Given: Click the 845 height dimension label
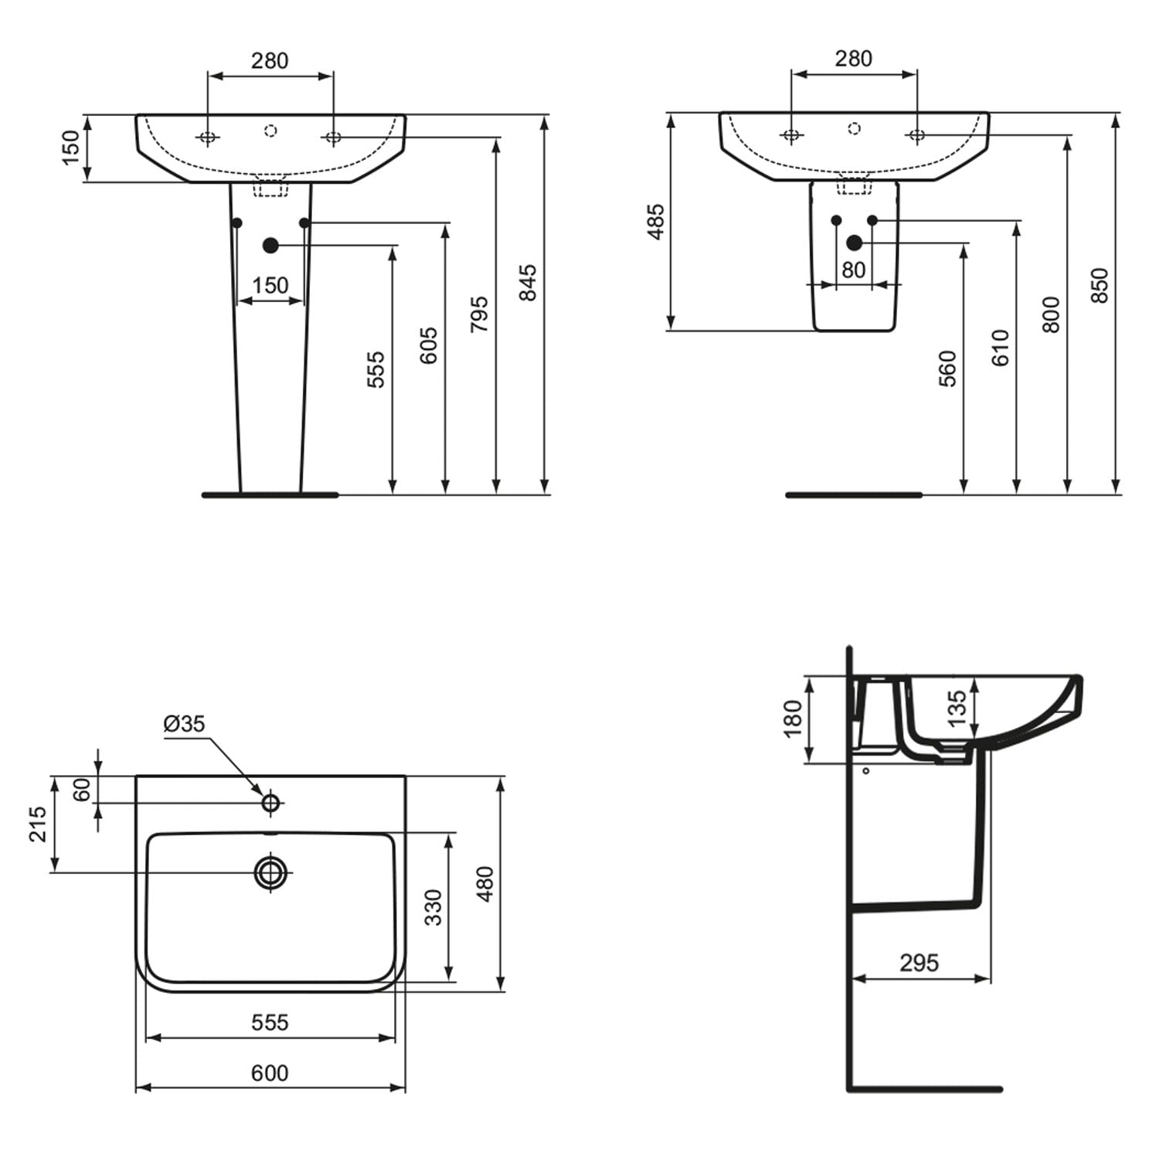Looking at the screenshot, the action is click(x=527, y=283).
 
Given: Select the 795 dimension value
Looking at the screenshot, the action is click(x=479, y=314).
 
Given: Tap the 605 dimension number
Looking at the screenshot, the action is click(x=428, y=345).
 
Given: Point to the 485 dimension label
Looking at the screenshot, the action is click(x=655, y=222).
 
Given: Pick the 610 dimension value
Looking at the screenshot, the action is click(x=1000, y=348).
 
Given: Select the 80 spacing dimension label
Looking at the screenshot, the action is click(x=853, y=270).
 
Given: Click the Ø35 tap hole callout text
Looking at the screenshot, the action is click(x=185, y=724).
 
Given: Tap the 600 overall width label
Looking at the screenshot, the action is click(x=270, y=1072).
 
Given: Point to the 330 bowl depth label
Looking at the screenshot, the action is click(x=433, y=907).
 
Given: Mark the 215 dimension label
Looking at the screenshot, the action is click(x=38, y=824).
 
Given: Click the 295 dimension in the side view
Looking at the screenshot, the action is click(x=919, y=963).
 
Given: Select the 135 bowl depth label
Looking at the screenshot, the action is click(x=956, y=709).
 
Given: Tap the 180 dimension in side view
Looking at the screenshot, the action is click(x=793, y=719).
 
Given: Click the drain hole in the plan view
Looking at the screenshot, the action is click(x=270, y=872).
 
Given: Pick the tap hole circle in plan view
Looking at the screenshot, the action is click(x=270, y=804).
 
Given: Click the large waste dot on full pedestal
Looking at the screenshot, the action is click(x=270, y=246).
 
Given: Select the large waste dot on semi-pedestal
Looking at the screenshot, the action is click(x=854, y=243).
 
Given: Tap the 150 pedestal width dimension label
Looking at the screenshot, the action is click(x=270, y=285).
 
